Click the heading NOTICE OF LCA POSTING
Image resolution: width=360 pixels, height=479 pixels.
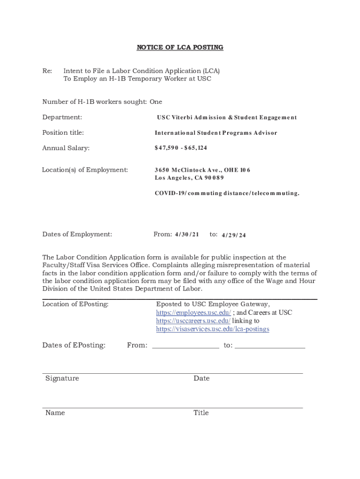point(180,47)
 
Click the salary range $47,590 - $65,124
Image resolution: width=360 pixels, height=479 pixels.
point(180,148)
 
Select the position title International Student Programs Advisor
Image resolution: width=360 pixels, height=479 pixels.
point(216,133)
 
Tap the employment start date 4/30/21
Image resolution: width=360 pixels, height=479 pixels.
point(187,234)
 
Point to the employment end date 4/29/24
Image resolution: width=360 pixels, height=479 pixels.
point(233,235)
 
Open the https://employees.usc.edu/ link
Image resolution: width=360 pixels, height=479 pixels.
point(193,312)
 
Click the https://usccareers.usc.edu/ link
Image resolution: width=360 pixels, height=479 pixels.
point(193,321)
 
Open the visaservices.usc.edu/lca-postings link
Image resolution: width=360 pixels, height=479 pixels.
point(212,329)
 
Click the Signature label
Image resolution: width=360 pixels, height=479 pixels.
point(62,378)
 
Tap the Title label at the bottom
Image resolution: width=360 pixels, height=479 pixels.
point(201,413)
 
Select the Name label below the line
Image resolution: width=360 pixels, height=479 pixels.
point(55,413)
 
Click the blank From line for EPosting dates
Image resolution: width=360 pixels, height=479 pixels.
point(185,346)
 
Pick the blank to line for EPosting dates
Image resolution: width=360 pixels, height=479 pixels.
point(270,346)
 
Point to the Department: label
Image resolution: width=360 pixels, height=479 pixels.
point(62,117)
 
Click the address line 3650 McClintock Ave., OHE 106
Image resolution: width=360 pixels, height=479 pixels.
point(202,170)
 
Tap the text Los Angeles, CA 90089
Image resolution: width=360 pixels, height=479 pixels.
point(189,178)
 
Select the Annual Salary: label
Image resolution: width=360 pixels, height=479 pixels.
point(66,148)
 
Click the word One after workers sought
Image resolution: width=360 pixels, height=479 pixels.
point(156,102)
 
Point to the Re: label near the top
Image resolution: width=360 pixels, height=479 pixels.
point(47,71)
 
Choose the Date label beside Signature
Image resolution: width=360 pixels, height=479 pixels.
point(202,378)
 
